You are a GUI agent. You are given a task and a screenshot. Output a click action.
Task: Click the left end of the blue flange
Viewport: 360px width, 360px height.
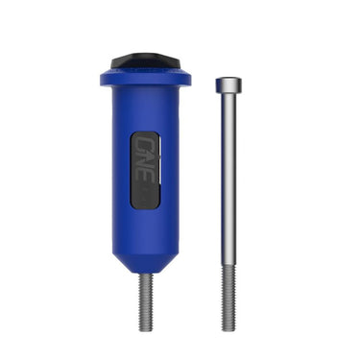102,76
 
